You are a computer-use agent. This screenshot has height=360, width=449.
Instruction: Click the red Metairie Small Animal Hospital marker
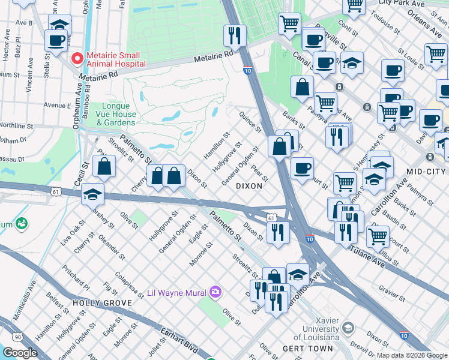point(77,59)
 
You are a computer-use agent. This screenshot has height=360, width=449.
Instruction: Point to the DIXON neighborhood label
point(249,186)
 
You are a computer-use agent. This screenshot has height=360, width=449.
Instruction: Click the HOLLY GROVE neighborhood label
point(101,303)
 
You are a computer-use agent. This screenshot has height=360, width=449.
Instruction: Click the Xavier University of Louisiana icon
point(347,328)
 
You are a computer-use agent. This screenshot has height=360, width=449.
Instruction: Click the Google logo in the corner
point(20,353)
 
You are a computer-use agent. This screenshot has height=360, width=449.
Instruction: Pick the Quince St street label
point(250,122)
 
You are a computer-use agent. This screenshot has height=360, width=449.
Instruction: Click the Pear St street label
point(260,174)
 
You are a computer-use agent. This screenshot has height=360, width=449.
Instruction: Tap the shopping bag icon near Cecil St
point(104,167)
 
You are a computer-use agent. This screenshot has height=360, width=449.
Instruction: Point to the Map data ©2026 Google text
point(412,355)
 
